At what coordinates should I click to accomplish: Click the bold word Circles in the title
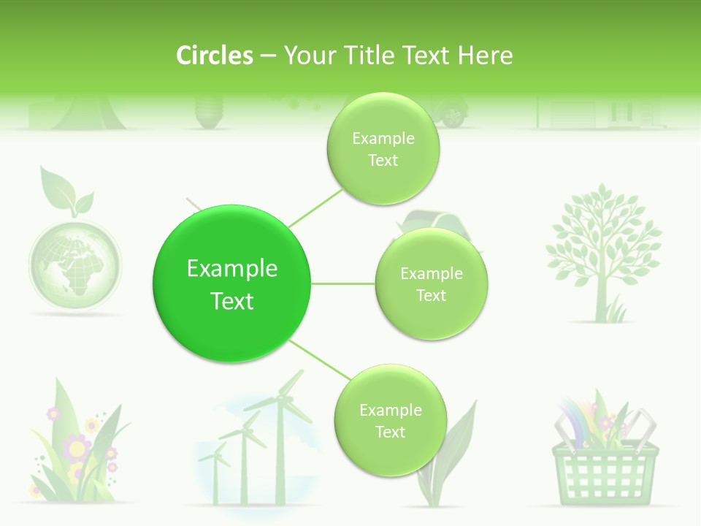[x=214, y=55]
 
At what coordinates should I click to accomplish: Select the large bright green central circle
[x=232, y=284]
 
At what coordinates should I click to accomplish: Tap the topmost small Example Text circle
[x=383, y=149]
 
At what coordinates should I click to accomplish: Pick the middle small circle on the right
[x=431, y=284]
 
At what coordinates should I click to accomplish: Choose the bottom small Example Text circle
[x=390, y=421]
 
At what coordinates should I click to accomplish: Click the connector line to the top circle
[x=315, y=207]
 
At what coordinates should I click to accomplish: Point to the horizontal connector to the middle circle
[x=343, y=283]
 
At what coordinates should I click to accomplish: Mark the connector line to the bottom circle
[x=320, y=360]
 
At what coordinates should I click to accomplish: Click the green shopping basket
[x=605, y=468]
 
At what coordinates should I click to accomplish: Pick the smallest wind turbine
[x=215, y=468]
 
